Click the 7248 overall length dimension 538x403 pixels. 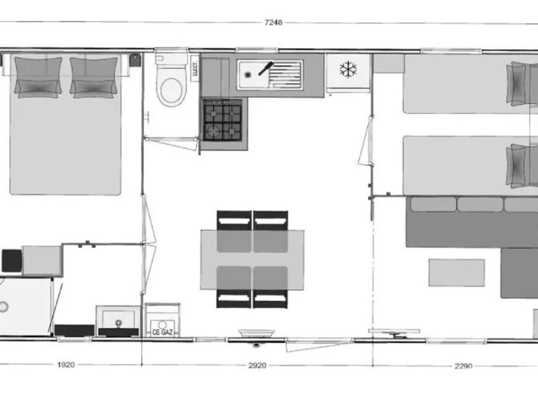[x=273, y=22]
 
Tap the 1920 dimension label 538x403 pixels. [x=66, y=364]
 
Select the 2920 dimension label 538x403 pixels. [x=257, y=365]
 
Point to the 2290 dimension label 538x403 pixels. [x=463, y=366]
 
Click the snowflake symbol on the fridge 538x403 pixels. [x=348, y=69]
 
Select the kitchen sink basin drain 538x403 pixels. [x=248, y=74]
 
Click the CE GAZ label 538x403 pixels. [x=162, y=332]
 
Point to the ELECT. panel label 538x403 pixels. [x=195, y=69]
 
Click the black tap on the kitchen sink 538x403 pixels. [x=266, y=68]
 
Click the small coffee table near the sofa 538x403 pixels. [x=456, y=273]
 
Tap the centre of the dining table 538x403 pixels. [x=252, y=260]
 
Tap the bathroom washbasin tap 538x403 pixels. [x=119, y=323]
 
